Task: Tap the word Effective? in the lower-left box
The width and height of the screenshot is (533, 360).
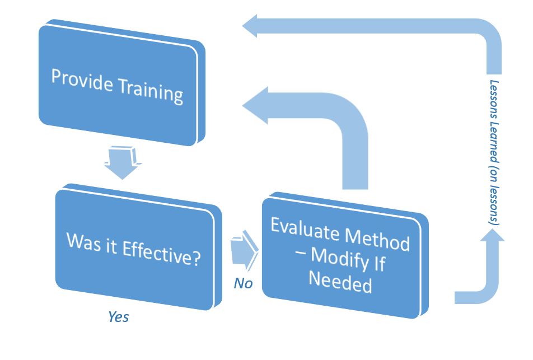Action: (x=161, y=253)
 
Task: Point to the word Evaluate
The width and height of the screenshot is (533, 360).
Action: (x=305, y=230)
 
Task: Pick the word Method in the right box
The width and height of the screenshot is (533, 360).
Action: (x=377, y=239)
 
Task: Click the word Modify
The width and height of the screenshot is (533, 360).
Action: (x=340, y=259)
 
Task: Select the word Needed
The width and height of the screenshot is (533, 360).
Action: (x=340, y=283)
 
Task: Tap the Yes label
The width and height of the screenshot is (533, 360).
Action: (x=118, y=317)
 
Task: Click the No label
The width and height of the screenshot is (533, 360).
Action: (x=243, y=283)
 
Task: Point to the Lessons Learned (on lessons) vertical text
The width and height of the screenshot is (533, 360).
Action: (x=494, y=152)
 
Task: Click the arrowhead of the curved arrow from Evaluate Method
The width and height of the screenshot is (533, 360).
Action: (x=255, y=105)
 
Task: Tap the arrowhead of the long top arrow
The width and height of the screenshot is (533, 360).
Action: (x=250, y=26)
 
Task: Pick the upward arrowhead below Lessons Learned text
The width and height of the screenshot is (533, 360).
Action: (x=492, y=235)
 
